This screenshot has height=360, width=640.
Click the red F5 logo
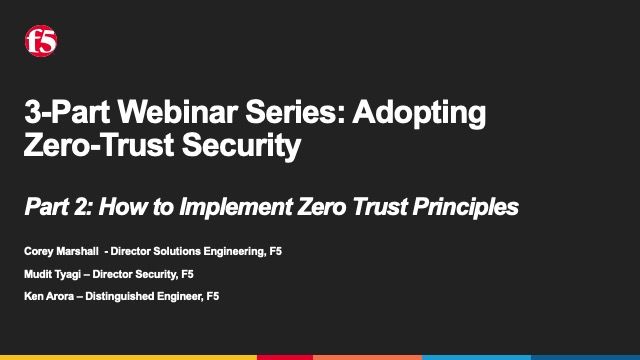(x=41, y=41)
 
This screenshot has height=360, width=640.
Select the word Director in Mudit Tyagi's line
(x=119, y=273)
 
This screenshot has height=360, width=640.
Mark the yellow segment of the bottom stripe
(x=128, y=356)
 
